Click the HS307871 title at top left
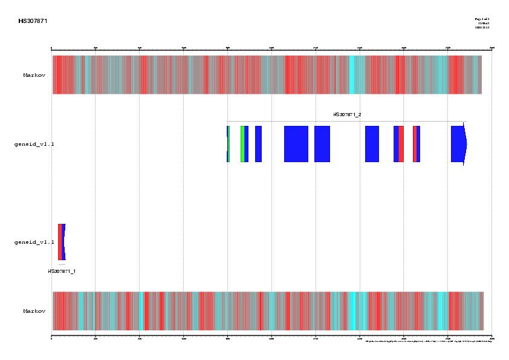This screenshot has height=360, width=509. click(33, 21)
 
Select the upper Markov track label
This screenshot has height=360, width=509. click(34, 76)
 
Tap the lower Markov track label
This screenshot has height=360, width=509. click(34, 311)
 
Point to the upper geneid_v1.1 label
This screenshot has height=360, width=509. click(34, 145)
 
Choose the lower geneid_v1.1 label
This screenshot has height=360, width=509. click(34, 242)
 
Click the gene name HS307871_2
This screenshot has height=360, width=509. click(347, 115)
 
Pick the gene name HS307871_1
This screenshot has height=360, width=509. click(62, 271)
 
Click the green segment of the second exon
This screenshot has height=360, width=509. click(242, 144)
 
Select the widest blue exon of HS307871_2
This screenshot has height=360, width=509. click(296, 144)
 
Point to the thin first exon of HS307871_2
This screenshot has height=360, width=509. click(228, 144)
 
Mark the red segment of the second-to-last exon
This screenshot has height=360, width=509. click(415, 144)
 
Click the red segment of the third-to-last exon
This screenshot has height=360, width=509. click(401, 144)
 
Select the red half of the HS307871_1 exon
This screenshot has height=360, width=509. click(60, 242)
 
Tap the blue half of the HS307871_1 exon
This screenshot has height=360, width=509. click(63, 242)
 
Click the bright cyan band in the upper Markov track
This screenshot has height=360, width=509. click(352, 74)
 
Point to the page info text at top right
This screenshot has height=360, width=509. click(482, 23)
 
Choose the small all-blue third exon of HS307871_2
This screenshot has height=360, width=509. click(258, 144)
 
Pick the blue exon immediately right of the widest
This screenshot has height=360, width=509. click(322, 144)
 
